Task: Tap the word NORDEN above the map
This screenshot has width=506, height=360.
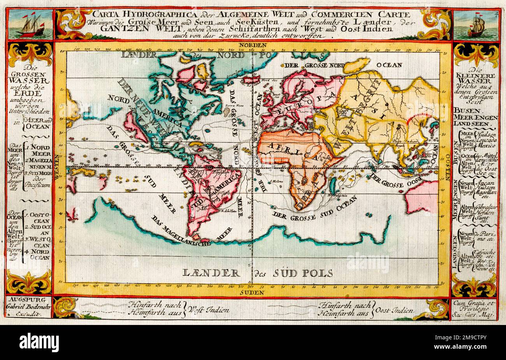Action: tap(253, 45)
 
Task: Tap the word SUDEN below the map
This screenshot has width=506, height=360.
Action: tap(252, 291)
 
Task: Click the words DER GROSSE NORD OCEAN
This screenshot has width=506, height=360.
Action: tap(343, 65)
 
